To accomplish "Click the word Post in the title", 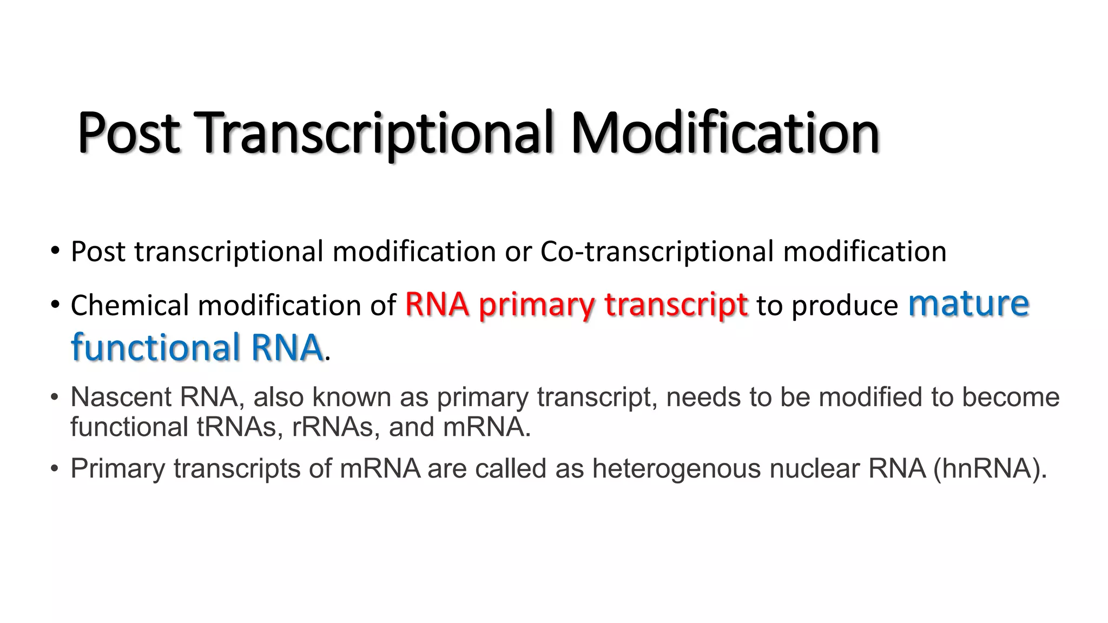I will [x=128, y=132].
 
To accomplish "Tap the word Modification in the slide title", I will [x=724, y=132].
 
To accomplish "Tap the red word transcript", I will [x=676, y=305].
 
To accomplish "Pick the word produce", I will [x=845, y=306].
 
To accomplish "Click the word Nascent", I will [x=121, y=397].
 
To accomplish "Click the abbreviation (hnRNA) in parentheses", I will [x=990, y=468].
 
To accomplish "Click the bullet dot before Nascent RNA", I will [x=54, y=397].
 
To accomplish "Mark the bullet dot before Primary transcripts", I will [x=54, y=468].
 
